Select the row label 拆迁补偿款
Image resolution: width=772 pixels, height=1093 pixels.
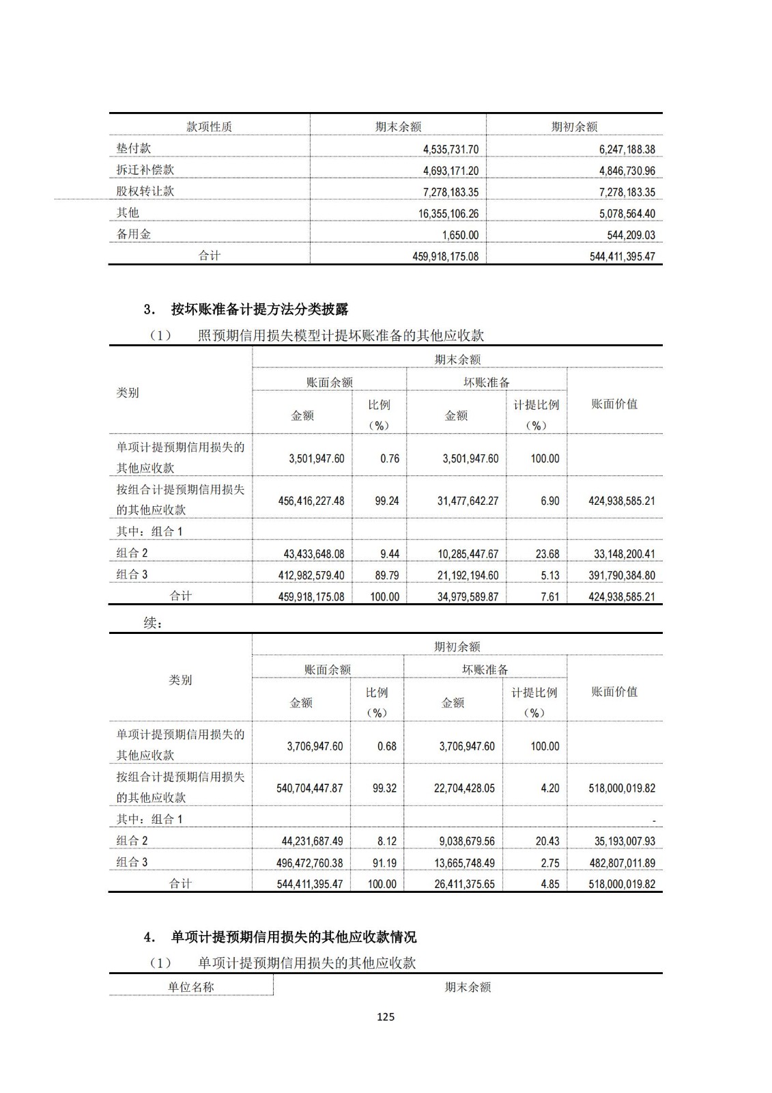click(x=145, y=169)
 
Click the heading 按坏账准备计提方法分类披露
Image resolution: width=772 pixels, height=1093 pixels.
click(x=259, y=309)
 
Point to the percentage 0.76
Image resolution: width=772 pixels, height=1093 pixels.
click(x=390, y=458)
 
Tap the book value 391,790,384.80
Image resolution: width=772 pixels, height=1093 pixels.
click(x=621, y=575)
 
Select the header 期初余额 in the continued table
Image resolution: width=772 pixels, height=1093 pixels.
click(x=457, y=647)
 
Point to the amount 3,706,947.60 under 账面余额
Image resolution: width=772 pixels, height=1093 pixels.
click(x=315, y=746)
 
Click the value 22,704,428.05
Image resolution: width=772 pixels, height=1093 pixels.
click(x=464, y=788)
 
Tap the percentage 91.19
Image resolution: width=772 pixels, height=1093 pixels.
click(x=384, y=863)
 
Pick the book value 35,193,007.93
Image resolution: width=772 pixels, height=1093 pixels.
click(x=621, y=842)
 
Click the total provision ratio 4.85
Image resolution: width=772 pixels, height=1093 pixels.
click(x=549, y=884)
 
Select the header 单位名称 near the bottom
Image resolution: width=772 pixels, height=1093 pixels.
click(x=191, y=987)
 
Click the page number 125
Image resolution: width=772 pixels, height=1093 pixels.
click(x=386, y=1017)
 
